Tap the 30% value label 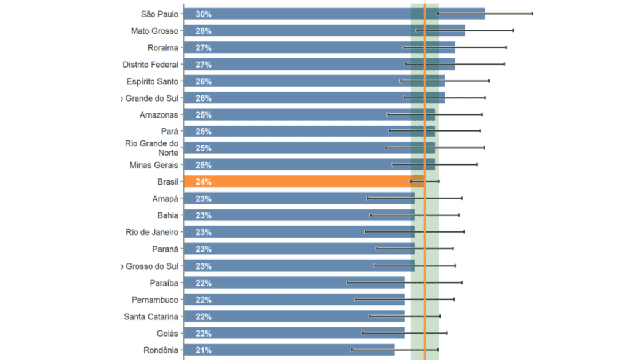(x=203, y=14)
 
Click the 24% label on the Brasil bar (x=203, y=182)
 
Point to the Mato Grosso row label (x=154, y=31)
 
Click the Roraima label (x=162, y=47)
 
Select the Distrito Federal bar (x=319, y=65)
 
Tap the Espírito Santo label (x=152, y=81)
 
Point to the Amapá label (x=165, y=199)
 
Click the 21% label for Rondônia (x=203, y=350)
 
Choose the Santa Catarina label (x=151, y=316)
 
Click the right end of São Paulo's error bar (x=532, y=13)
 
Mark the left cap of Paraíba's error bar (x=347, y=282)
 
